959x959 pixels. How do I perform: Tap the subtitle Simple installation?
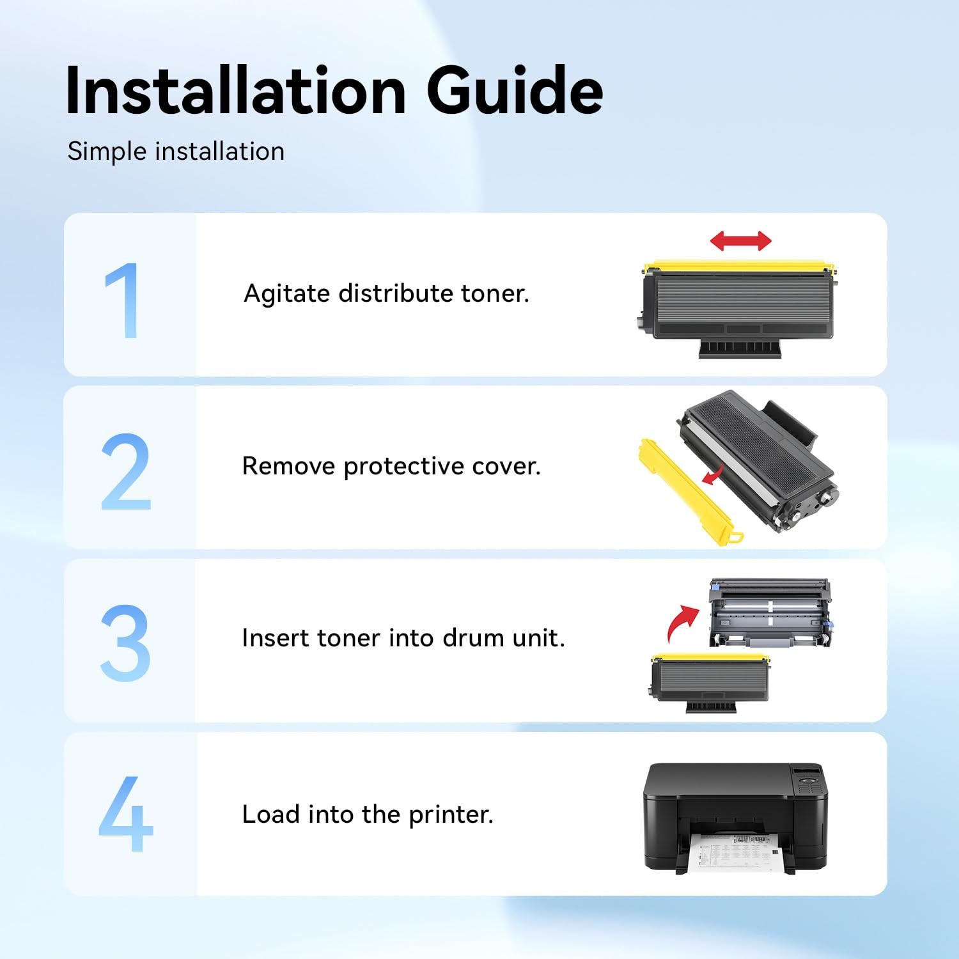pyautogui.click(x=176, y=152)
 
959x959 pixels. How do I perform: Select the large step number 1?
pyautogui.click(x=123, y=300)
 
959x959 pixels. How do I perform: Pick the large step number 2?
pyautogui.click(x=126, y=472)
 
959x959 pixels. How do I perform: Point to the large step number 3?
pyautogui.click(x=125, y=643)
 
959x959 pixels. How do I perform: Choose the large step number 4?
pyautogui.click(x=126, y=814)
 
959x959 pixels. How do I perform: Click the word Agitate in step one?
pyautogui.click(x=286, y=294)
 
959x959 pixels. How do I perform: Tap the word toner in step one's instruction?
pyautogui.click(x=495, y=293)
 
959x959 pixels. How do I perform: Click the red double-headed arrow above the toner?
pyautogui.click(x=741, y=241)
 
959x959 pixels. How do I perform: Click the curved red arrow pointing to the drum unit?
pyautogui.click(x=682, y=623)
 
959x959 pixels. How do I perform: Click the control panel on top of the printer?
pyautogui.click(x=808, y=779)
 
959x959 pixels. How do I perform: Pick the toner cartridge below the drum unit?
pyautogui.click(x=711, y=683)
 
